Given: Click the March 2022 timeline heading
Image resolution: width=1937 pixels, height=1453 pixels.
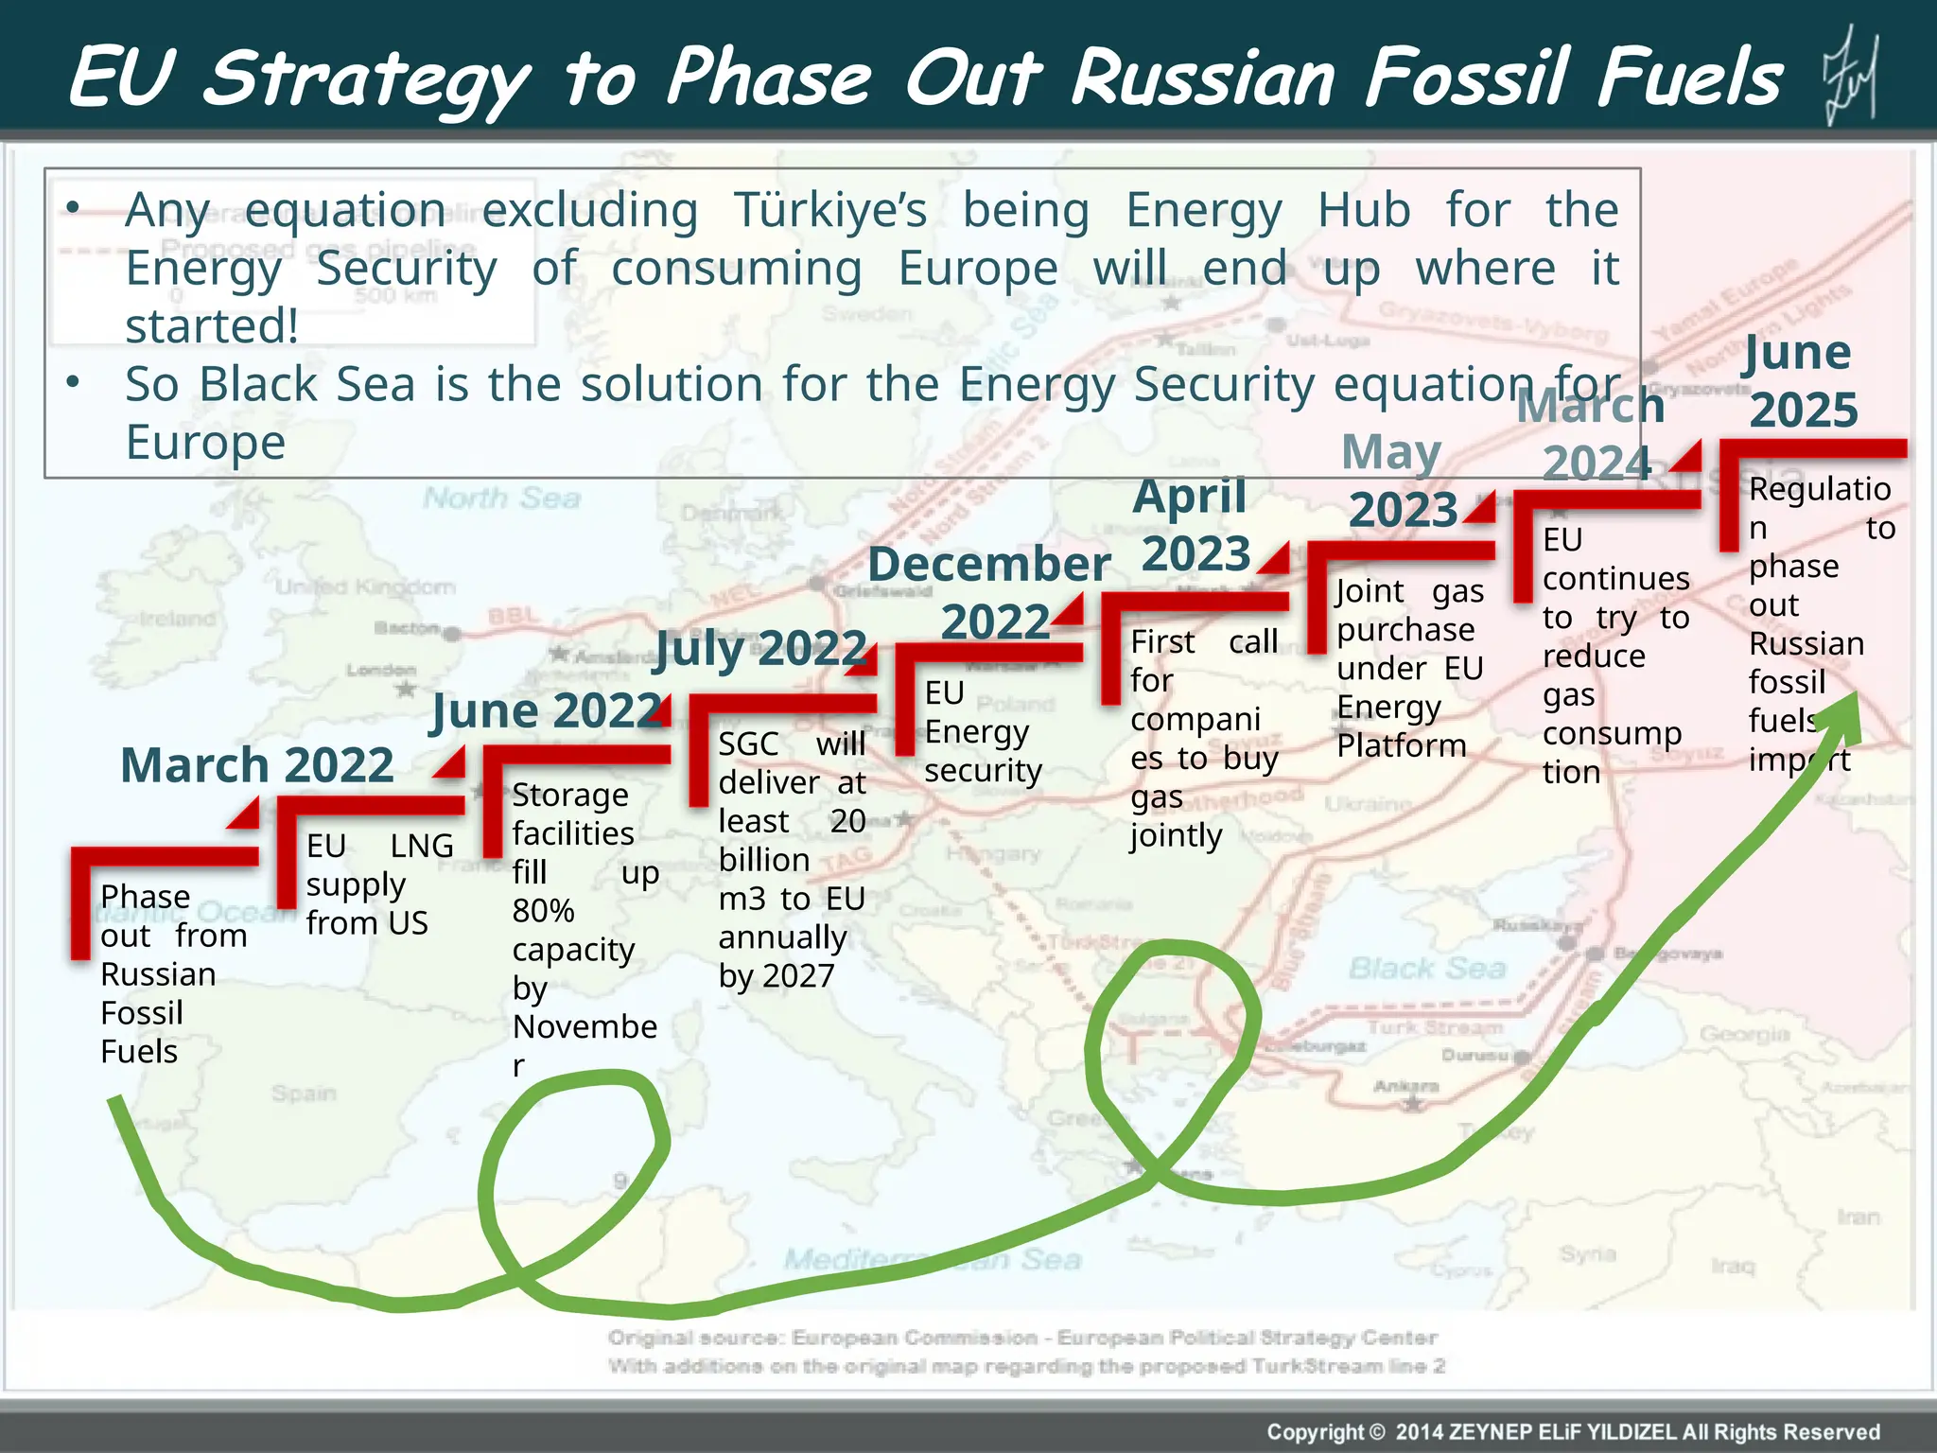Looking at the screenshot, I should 256,765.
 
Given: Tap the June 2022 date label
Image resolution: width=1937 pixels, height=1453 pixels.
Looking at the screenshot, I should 547,710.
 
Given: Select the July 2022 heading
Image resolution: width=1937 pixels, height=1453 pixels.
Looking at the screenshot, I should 759,649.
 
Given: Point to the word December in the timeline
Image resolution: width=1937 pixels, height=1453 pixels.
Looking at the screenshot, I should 988,565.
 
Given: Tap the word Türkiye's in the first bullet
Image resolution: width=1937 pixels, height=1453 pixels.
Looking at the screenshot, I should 829,210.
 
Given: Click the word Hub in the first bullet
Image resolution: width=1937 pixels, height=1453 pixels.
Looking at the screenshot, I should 1363,210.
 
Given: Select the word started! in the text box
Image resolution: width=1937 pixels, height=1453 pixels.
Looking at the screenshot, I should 212,326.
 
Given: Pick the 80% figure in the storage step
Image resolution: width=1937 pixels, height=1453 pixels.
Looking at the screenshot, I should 543,910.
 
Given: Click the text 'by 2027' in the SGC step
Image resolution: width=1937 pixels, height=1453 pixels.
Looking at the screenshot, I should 776,975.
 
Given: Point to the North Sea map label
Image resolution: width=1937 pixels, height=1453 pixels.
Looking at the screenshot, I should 501,498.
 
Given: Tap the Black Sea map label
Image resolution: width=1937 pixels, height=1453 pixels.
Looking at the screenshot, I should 1426,968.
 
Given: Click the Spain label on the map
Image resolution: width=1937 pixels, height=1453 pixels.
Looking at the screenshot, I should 304,1094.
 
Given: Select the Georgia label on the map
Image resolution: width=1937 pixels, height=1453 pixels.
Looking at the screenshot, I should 1744,1034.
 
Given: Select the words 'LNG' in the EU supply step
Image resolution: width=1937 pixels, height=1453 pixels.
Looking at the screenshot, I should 422,846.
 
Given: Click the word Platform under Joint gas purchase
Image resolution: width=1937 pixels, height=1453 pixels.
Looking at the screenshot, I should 1401,745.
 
